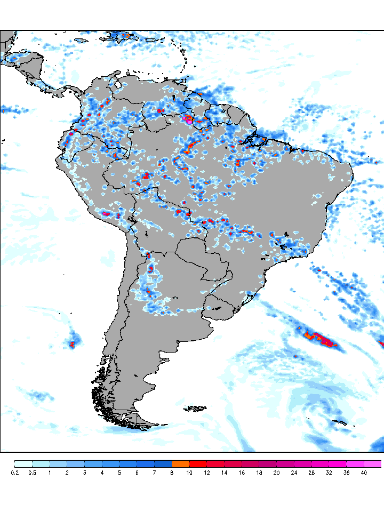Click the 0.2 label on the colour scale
click(x=15, y=473)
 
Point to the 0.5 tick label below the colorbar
click(x=32, y=473)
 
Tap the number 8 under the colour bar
click(x=172, y=473)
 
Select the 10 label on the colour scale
click(x=189, y=473)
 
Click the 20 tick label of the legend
click(x=276, y=473)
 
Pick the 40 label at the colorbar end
click(x=364, y=473)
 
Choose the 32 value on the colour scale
click(x=329, y=473)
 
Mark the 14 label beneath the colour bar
click(x=224, y=473)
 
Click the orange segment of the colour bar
click(x=181, y=463)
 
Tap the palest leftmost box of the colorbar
click(x=23, y=463)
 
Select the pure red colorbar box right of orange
click(x=198, y=463)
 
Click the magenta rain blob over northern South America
click(x=188, y=119)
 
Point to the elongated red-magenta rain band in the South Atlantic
click(x=320, y=338)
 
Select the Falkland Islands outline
click(x=195, y=409)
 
